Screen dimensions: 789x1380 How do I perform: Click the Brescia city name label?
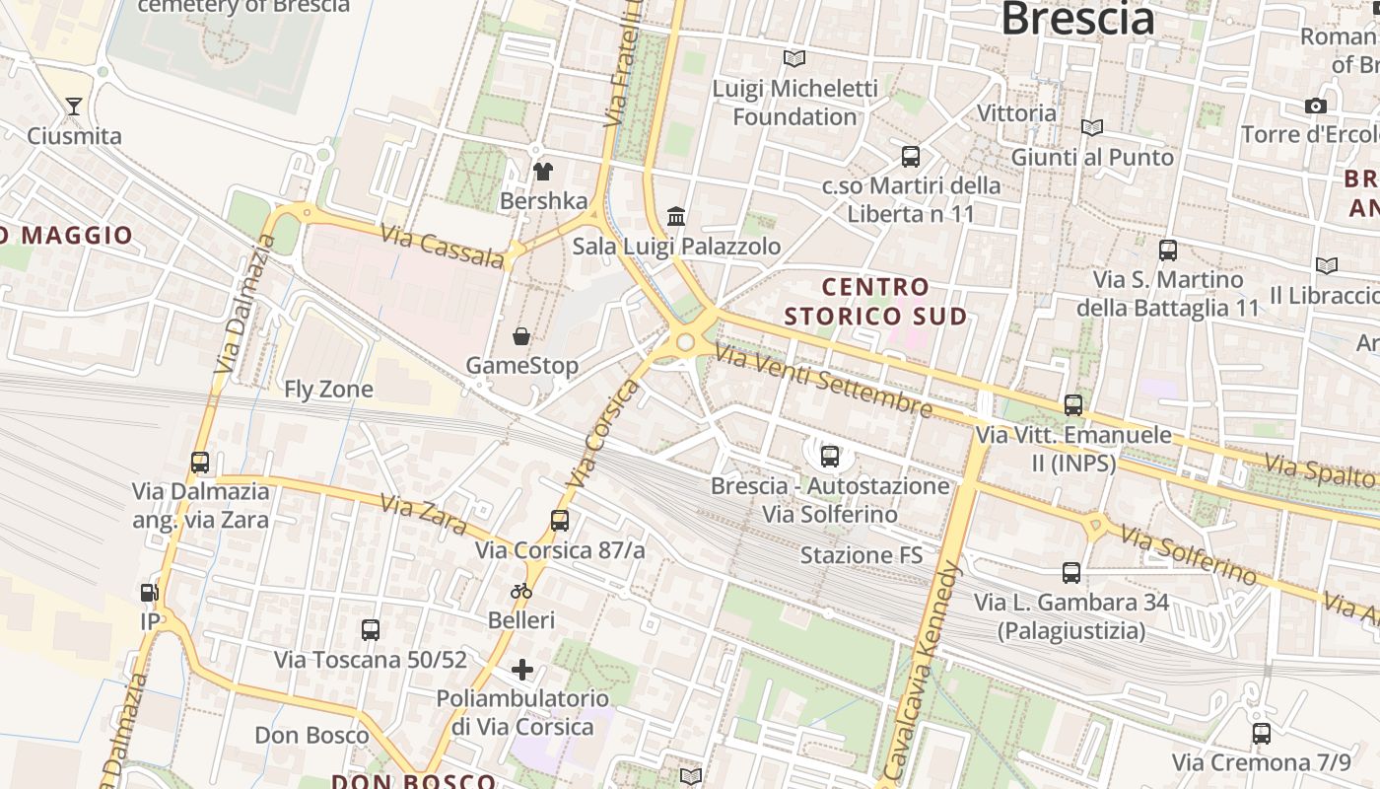point(1077,19)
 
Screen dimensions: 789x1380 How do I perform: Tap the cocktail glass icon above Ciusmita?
point(74,106)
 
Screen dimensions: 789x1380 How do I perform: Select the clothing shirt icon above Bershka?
point(542,171)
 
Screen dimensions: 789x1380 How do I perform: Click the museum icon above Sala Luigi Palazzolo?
point(676,216)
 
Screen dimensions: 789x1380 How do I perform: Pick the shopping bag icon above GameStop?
point(521,336)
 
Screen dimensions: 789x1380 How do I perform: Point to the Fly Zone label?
point(328,390)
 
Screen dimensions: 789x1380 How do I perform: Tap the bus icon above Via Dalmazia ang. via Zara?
point(200,462)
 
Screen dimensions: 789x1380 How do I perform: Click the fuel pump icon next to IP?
point(150,593)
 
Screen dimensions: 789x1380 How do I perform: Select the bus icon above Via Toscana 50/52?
point(371,629)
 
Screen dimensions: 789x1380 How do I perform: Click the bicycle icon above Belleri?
point(521,591)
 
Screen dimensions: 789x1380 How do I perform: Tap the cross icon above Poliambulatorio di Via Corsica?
point(521,671)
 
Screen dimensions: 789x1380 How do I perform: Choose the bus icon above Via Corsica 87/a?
point(560,520)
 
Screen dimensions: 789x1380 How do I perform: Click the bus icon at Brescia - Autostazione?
point(830,456)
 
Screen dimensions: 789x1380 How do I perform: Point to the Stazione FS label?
point(861,555)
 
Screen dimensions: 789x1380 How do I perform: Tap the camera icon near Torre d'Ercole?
point(1315,106)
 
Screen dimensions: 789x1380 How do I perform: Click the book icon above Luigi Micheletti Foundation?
point(793,58)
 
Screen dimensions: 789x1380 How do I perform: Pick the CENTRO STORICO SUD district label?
point(875,302)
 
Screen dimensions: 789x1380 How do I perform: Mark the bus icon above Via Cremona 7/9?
point(1261,733)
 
